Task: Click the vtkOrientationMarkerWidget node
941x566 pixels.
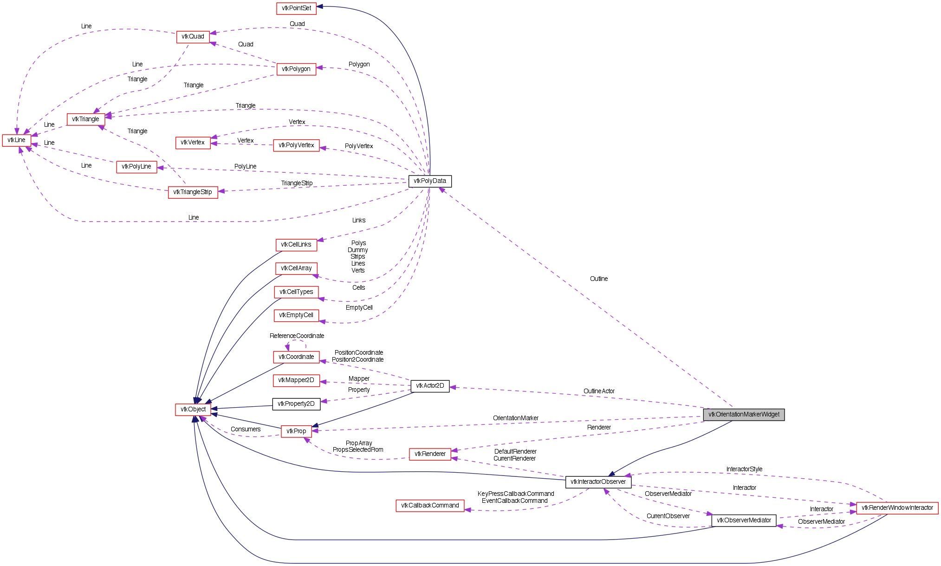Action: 744,415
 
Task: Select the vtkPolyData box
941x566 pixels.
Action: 430,181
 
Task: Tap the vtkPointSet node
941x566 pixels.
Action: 296,8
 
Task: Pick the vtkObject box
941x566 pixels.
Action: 193,410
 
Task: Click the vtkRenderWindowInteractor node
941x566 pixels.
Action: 897,508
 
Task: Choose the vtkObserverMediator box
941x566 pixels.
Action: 744,520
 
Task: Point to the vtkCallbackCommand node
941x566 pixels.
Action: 430,506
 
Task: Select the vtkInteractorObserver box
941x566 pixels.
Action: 598,482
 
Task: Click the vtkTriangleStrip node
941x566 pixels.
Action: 193,192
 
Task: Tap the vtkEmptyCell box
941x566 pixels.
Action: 296,315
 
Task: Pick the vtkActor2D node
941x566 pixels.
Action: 430,386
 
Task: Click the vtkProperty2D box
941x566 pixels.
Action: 296,404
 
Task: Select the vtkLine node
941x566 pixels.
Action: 17,140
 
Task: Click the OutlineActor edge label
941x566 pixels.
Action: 599,391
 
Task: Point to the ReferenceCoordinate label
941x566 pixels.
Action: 297,336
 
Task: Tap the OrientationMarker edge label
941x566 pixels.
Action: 516,418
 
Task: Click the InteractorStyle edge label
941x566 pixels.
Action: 744,469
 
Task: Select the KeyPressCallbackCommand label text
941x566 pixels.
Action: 516,494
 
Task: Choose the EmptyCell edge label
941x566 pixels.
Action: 359,308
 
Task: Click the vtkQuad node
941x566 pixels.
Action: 193,37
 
